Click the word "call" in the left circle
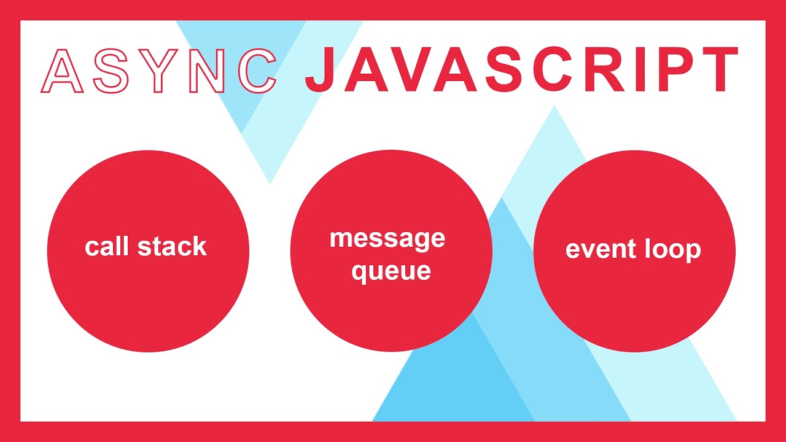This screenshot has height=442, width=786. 107,247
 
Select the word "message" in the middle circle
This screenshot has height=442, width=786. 387,238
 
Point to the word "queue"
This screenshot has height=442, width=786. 391,271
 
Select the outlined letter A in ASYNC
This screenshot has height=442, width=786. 62,71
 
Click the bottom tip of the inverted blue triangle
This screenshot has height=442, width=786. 270,182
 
